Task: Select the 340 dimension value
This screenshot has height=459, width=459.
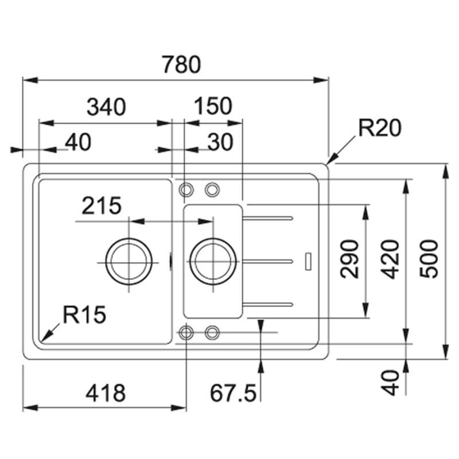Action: click(x=106, y=107)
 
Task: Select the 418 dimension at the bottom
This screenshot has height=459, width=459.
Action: click(x=105, y=393)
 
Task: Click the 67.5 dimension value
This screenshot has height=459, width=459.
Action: click(x=232, y=393)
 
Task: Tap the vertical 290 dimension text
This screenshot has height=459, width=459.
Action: click(x=350, y=259)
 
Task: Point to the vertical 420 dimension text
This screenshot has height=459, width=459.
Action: click(x=391, y=259)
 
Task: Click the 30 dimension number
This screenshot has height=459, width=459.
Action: click(x=220, y=142)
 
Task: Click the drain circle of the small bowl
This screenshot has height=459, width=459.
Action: click(x=213, y=262)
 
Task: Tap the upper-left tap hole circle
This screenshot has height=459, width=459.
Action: click(x=186, y=189)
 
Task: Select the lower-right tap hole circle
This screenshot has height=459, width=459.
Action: click(x=212, y=332)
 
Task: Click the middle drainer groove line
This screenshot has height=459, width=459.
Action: click(x=270, y=261)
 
